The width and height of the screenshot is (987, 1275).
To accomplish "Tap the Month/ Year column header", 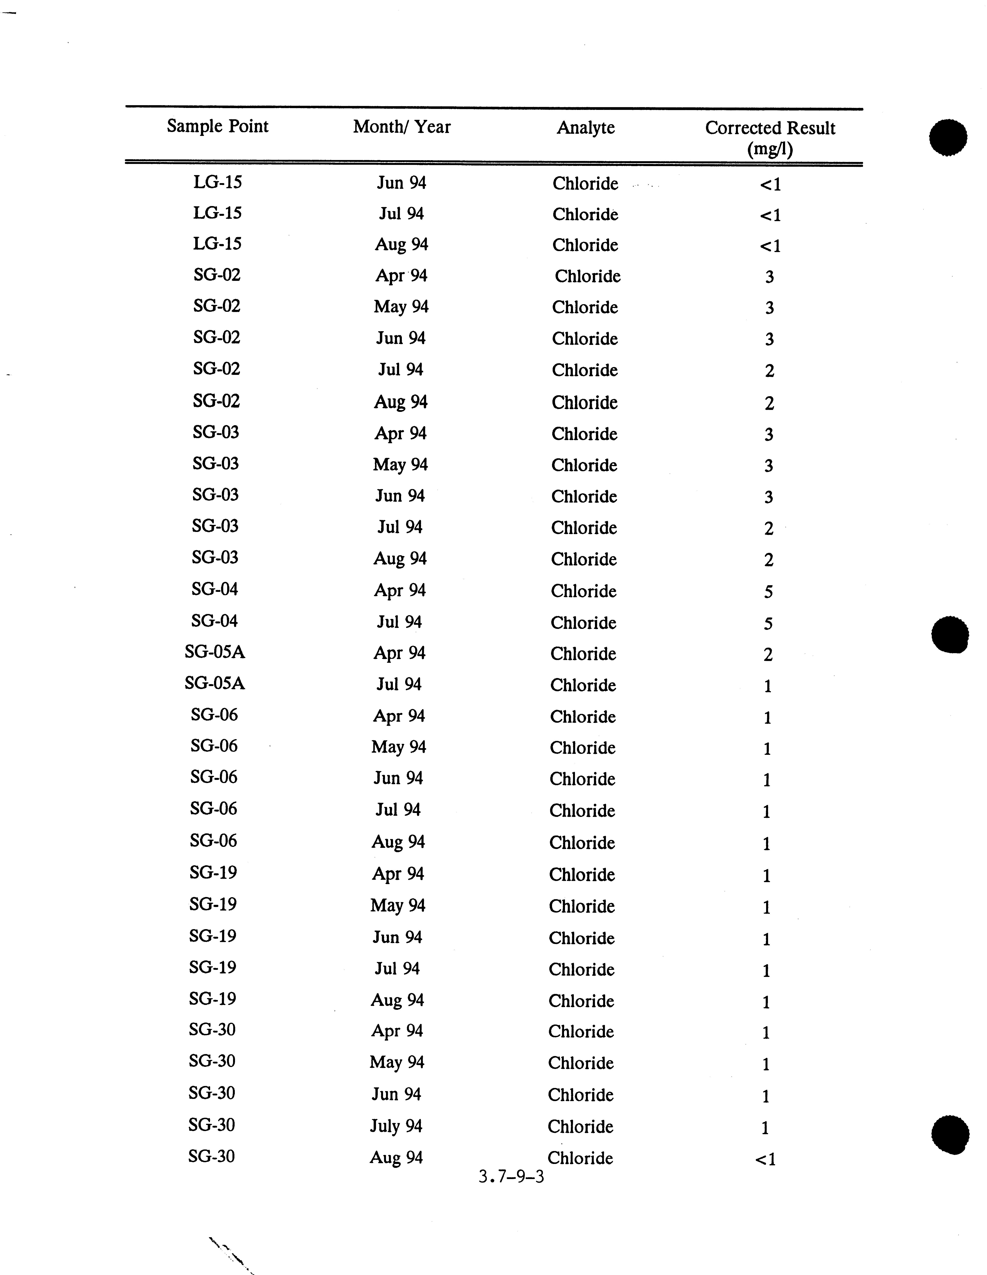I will click(x=402, y=127).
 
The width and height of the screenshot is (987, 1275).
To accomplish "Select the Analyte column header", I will click(x=585, y=127).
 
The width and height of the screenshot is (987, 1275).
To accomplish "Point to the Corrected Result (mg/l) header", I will click(x=770, y=138).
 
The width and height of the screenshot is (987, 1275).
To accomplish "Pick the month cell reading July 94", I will click(x=396, y=1126).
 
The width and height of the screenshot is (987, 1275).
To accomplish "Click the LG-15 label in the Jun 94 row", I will click(x=217, y=182).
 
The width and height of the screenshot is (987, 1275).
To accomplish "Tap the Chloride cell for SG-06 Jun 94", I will click(x=583, y=779).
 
